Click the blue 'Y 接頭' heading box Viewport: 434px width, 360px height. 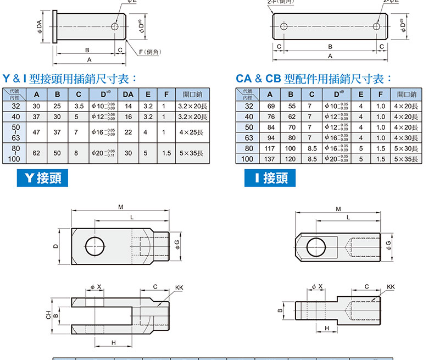[x=43, y=178]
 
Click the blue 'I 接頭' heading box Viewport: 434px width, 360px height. [x=270, y=178]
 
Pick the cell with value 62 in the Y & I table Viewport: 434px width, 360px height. [x=37, y=153]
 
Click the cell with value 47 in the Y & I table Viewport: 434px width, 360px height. [x=37, y=132]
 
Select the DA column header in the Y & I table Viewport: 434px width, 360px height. [x=129, y=94]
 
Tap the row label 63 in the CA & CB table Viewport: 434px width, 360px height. [x=249, y=138]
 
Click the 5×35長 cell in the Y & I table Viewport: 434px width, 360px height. [x=192, y=153]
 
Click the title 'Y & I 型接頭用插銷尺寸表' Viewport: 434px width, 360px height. [x=69, y=79]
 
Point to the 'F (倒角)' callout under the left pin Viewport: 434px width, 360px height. [x=149, y=52]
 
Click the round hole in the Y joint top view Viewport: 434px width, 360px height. [x=96, y=245]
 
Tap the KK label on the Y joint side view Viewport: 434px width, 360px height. [x=179, y=287]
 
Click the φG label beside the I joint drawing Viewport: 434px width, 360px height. [x=389, y=245]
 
